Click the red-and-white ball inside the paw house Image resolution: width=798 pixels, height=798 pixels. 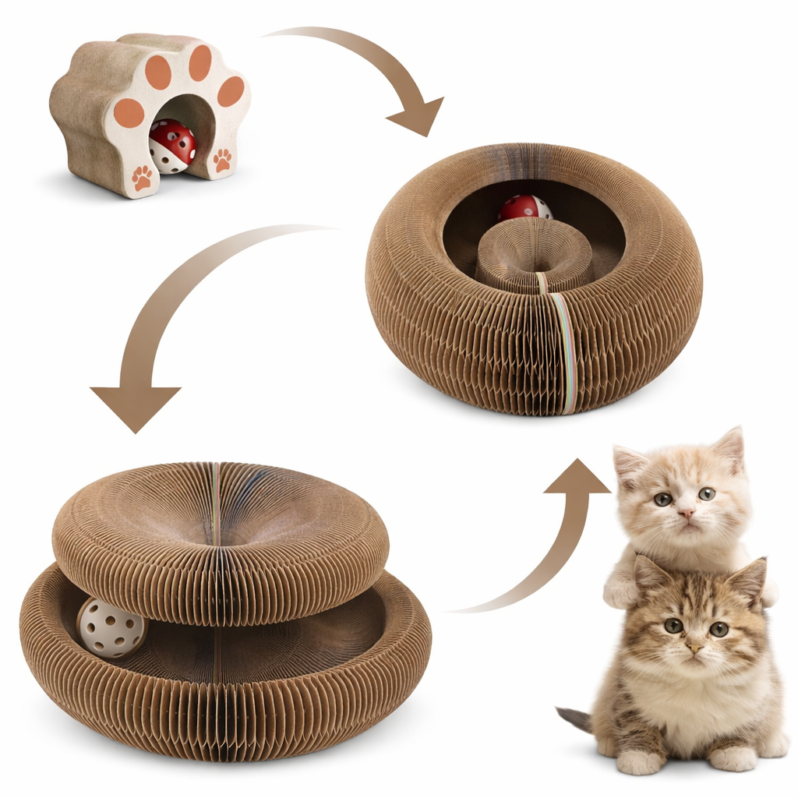(171, 146)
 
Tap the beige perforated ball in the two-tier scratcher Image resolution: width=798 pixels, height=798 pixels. (111, 627)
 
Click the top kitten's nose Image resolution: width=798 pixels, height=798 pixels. (686, 514)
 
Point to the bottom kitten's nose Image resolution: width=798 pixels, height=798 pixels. (692, 647)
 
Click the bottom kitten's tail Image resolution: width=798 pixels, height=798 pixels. (575, 717)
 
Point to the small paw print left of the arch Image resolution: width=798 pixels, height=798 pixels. (143, 178)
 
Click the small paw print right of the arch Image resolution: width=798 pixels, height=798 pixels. (223, 159)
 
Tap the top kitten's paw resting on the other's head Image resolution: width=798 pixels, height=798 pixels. (621, 592)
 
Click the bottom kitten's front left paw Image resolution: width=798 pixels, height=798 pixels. (641, 760)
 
